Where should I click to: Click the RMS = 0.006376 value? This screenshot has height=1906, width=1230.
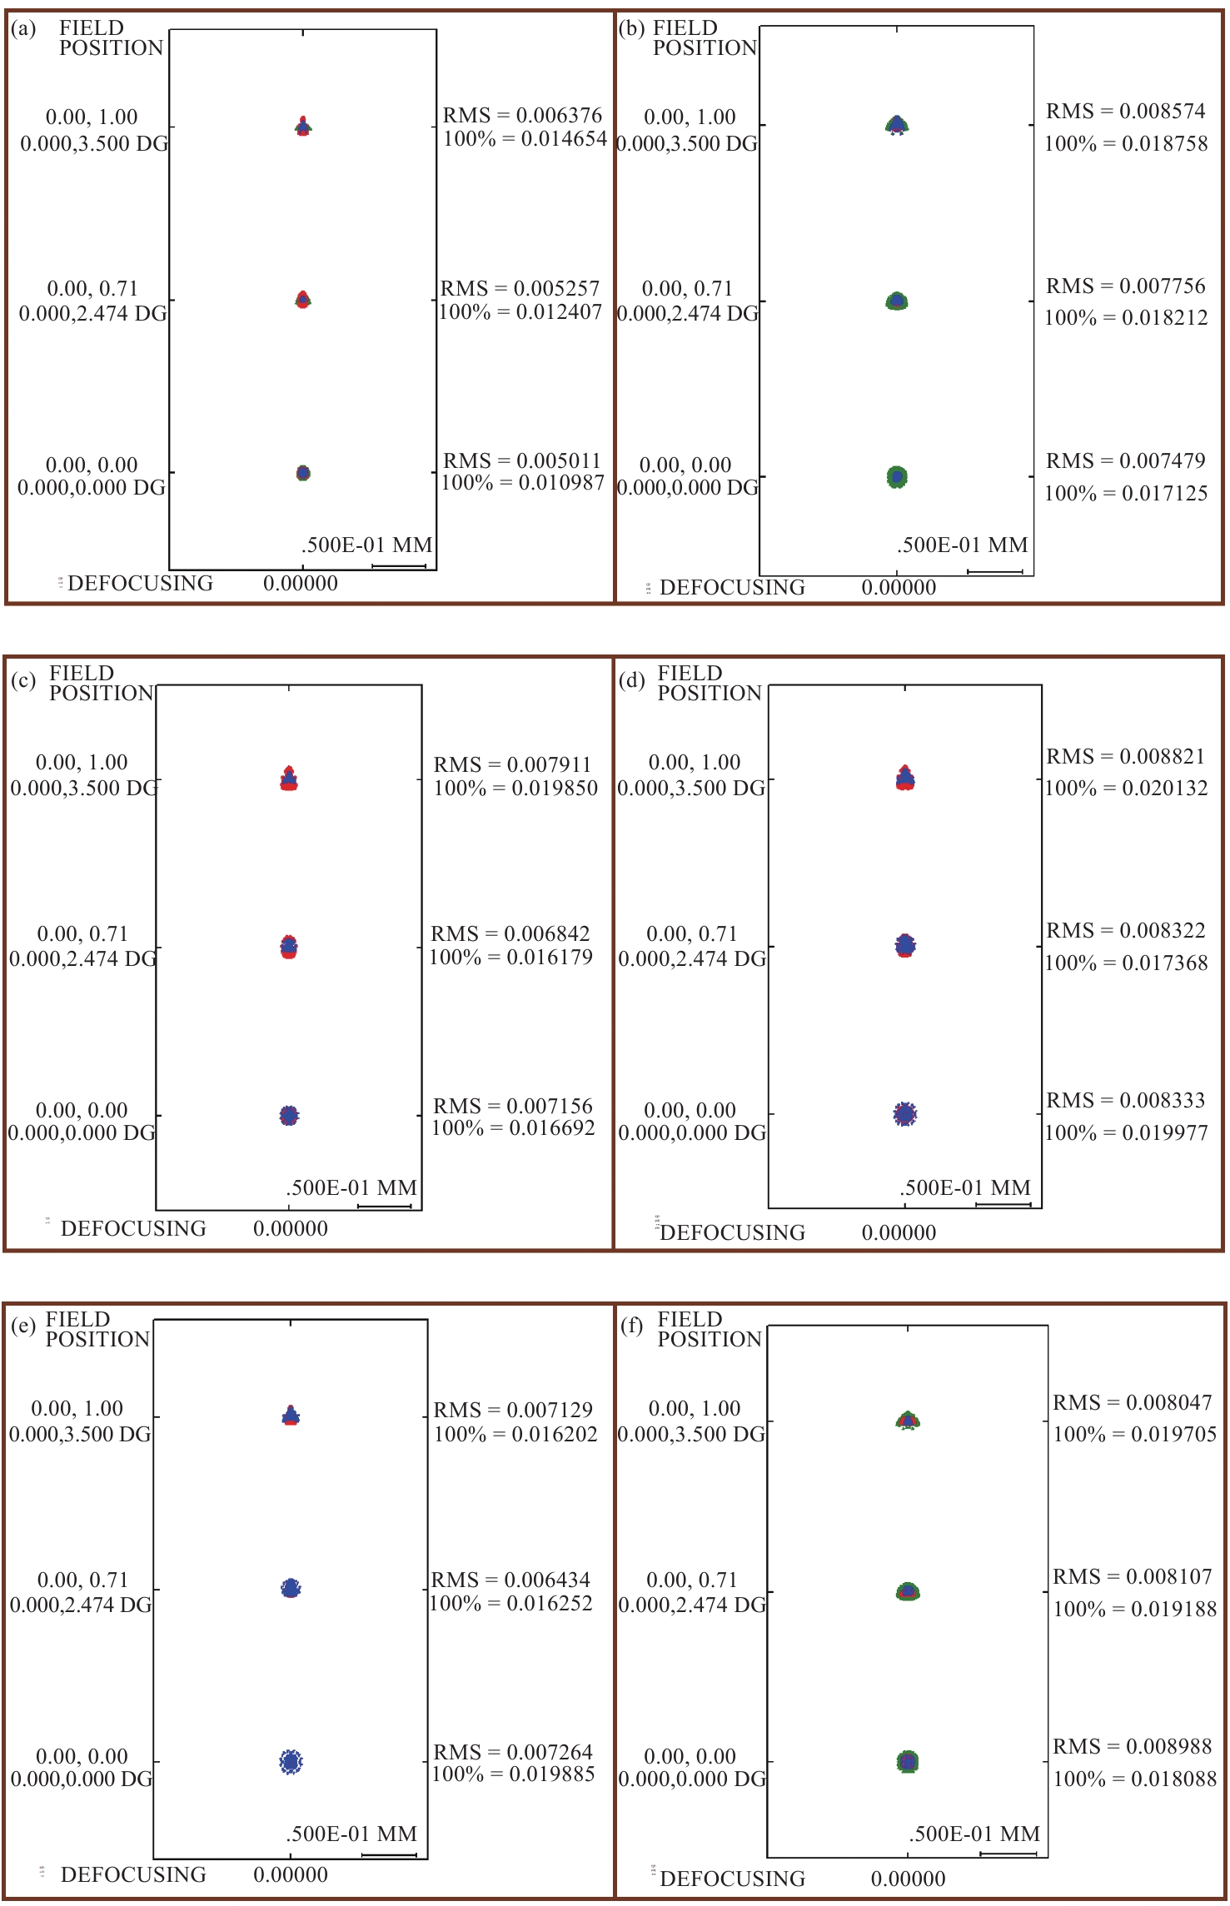(522, 115)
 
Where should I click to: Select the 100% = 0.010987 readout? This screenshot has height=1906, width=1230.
(522, 482)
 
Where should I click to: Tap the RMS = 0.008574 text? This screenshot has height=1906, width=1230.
(1125, 112)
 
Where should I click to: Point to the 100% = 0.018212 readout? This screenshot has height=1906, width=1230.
(1125, 317)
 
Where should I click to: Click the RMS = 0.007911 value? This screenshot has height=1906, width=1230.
(512, 764)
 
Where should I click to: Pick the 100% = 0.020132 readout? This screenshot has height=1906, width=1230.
(1125, 788)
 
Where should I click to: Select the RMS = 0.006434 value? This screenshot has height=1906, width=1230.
(510, 1580)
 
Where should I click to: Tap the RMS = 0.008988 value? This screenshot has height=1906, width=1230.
(1132, 1746)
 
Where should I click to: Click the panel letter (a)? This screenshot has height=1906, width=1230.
(23, 29)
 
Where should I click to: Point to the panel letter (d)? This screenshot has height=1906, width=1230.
(631, 680)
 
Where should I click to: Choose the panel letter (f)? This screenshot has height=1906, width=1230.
(632, 1326)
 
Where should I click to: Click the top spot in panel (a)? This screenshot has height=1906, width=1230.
(303, 127)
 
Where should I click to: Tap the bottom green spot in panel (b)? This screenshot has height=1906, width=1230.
(897, 477)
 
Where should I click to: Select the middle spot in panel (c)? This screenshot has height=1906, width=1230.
(288, 947)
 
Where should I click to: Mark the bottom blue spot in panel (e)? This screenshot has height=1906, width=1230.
(290, 1761)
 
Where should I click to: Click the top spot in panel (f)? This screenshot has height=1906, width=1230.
(908, 1421)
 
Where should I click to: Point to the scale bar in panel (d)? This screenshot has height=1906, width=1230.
(1003, 1204)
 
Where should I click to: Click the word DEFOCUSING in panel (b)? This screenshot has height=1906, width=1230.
(732, 588)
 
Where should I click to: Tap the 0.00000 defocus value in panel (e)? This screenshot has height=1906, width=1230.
(291, 1874)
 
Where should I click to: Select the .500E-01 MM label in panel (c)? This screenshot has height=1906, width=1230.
(351, 1187)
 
